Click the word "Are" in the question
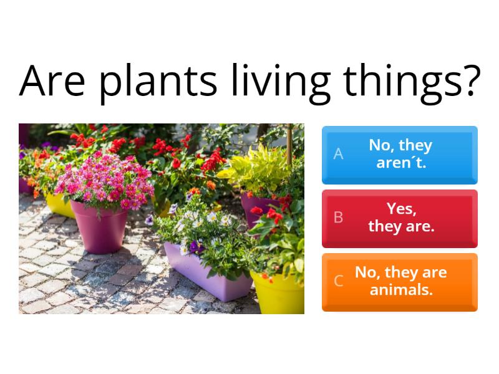tap(52, 80)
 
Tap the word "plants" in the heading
tap(158, 84)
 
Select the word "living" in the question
tap(281, 84)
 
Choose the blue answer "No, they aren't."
tap(400, 155)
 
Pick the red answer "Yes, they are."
tap(400, 219)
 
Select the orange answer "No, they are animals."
tap(400, 282)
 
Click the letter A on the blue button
tap(338, 154)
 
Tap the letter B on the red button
tap(338, 218)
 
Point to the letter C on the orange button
tap(338, 281)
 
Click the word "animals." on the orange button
tap(401, 290)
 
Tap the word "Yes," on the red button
tap(402, 209)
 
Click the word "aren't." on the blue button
tap(401, 163)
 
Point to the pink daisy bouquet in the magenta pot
tap(105, 181)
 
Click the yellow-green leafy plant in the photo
tap(258, 168)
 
